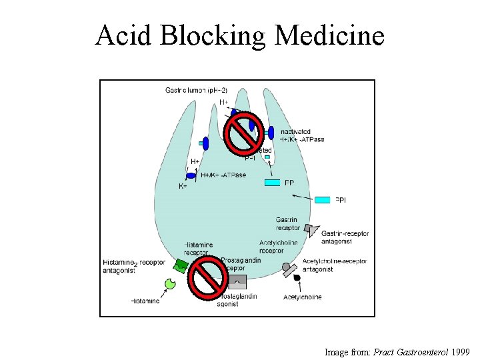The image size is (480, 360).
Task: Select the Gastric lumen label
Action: (196, 90)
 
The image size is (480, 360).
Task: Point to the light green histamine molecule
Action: (169, 284)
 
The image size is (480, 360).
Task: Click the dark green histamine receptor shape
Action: (181, 266)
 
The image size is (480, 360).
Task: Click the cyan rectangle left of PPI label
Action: (323, 199)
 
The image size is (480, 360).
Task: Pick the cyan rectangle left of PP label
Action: (273, 183)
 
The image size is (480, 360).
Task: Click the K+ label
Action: (183, 187)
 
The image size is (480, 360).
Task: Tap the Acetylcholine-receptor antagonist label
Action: (327, 265)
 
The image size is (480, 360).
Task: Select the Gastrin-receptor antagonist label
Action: (345, 237)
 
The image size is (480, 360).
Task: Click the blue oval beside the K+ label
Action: (191, 176)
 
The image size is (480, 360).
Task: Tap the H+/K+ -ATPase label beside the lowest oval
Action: (223, 175)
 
